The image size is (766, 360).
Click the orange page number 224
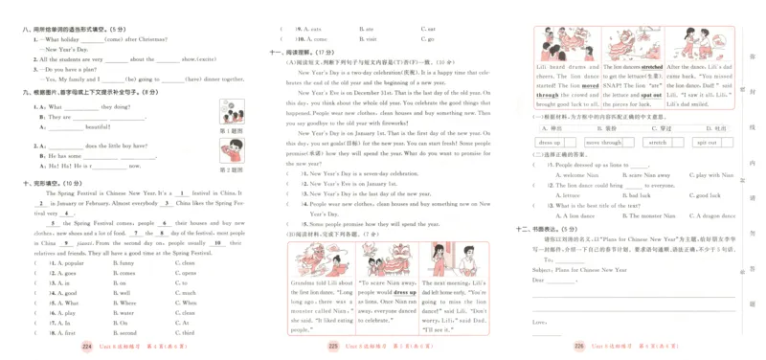click(88, 348)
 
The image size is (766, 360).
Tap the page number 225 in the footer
click(333, 348)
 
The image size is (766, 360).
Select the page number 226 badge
click(578, 348)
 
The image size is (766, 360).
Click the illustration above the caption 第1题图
click(231, 111)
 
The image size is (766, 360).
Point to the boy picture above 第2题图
click(231, 149)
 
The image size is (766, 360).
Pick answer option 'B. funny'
click(125, 262)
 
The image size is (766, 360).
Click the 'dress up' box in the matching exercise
click(549, 143)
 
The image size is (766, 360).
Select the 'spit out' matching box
click(707, 143)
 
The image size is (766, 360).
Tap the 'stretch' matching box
click(658, 143)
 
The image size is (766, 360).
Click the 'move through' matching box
click(602, 143)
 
